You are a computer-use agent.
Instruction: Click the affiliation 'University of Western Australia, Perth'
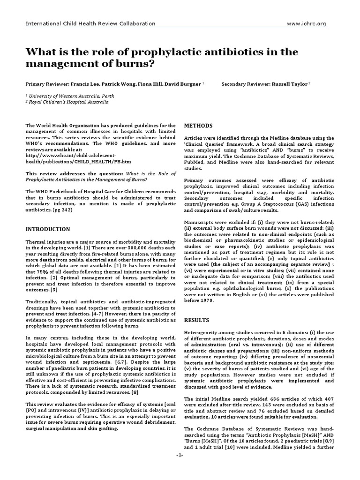tap(70, 95)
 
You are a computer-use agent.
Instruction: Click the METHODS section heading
tap(198, 126)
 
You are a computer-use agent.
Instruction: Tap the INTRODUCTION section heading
tap(48, 229)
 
